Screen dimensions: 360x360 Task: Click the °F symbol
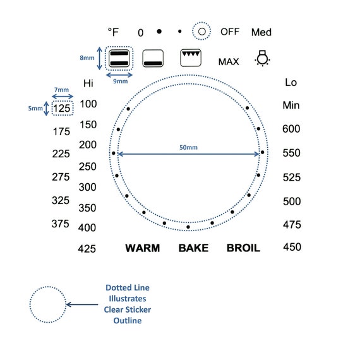click(x=113, y=32)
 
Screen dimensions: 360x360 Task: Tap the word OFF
click(x=230, y=32)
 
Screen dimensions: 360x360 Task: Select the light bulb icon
click(x=263, y=58)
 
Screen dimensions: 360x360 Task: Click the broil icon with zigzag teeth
click(x=191, y=57)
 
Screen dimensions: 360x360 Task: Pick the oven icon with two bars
click(x=119, y=58)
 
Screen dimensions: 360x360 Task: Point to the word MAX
click(x=229, y=62)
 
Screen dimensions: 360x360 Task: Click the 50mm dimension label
click(x=188, y=147)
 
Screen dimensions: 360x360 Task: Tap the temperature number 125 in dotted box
click(x=62, y=108)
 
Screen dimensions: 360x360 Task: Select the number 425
click(x=87, y=249)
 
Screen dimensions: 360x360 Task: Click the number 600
click(x=291, y=129)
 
